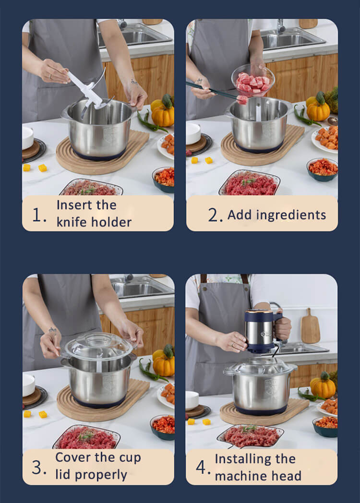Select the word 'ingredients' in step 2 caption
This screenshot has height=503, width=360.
[x=291, y=216]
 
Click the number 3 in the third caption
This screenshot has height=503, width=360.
[x=36, y=467]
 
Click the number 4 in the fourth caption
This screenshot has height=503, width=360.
[x=201, y=467]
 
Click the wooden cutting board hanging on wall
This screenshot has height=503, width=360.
[x=310, y=326]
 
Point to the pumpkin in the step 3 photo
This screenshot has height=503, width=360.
[x=164, y=362]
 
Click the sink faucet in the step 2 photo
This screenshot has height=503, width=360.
[x=281, y=26]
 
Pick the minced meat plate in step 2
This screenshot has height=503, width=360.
[x=250, y=183]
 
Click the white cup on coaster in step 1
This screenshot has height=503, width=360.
[x=27, y=138]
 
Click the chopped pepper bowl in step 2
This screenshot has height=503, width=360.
[x=322, y=169]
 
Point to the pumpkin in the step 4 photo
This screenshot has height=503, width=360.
[x=323, y=385]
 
